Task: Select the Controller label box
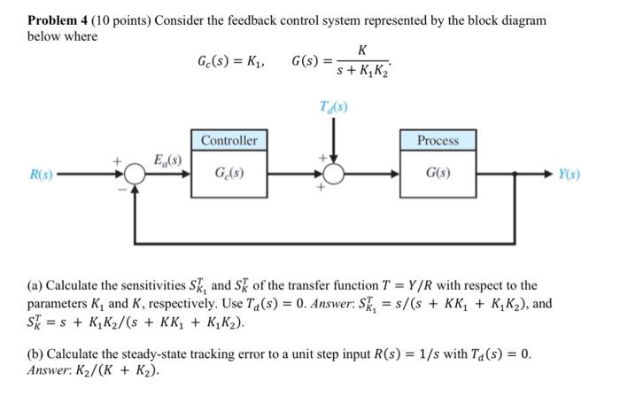[x=229, y=140]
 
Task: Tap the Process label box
[x=438, y=140]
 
